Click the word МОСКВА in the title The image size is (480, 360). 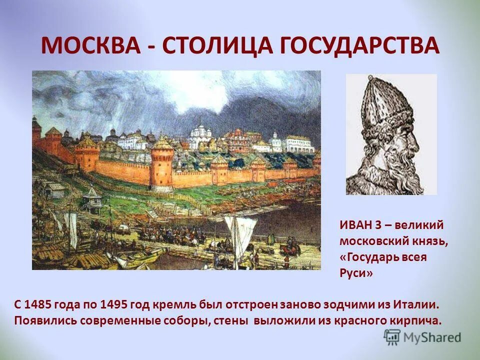point(92,46)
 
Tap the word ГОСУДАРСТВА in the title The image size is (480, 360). point(357,46)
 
